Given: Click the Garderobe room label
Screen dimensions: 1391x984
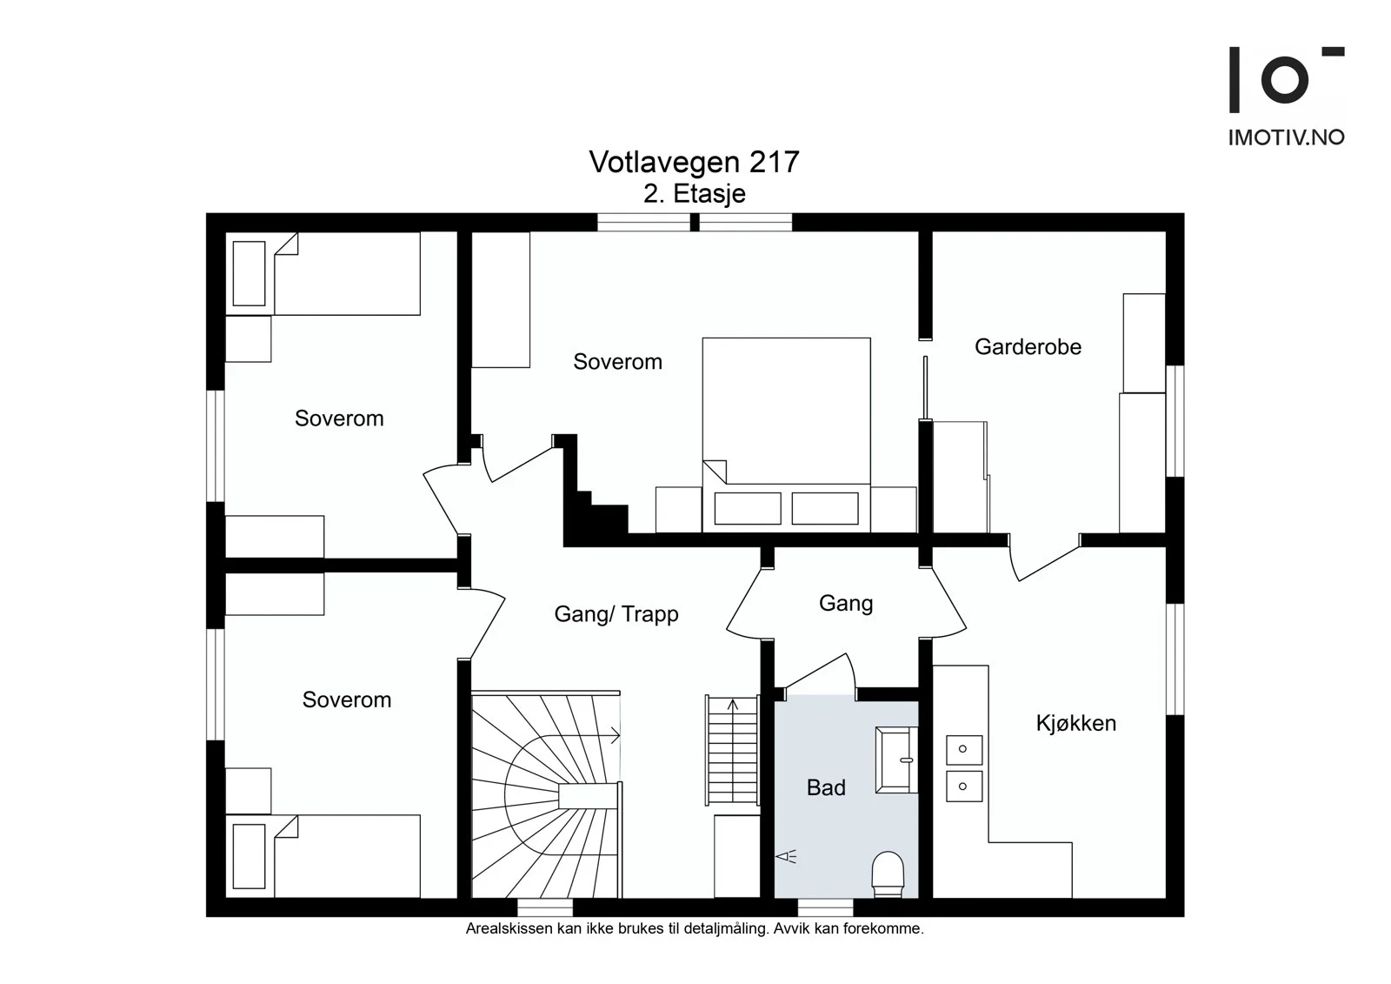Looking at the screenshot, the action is [1028, 347].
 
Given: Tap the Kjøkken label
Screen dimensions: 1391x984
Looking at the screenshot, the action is [1076, 723].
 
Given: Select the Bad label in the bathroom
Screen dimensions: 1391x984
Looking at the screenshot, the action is [826, 787].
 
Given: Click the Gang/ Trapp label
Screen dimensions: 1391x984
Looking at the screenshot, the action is [616, 614].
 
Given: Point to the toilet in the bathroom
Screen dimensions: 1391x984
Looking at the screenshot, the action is [888, 874].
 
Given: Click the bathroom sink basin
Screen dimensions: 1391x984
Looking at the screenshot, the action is [896, 760].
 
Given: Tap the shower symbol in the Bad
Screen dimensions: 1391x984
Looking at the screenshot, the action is [786, 857].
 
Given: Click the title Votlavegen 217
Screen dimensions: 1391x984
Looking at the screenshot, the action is [694, 162].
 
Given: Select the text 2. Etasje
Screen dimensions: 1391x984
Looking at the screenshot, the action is [695, 194].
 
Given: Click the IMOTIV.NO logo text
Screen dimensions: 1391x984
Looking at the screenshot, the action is [1286, 137].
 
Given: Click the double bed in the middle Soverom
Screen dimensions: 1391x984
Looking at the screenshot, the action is [786, 434].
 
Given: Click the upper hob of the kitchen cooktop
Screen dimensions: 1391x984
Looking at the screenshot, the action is [964, 749].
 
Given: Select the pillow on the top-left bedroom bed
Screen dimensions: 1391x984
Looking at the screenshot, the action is [249, 273].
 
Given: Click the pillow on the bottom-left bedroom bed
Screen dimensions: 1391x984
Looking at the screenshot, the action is [249, 856].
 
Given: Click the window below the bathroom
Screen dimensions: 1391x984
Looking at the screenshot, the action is [825, 907].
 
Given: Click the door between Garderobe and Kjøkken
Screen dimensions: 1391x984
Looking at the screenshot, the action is [1043, 558].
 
